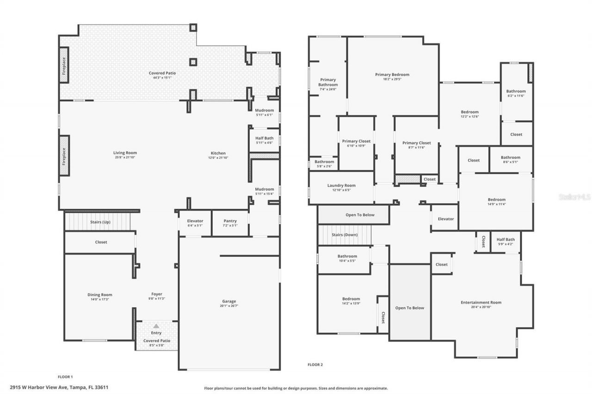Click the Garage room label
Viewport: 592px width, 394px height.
point(229,301)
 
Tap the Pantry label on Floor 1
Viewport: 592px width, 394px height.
point(230,221)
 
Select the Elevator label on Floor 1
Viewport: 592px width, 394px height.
point(195,221)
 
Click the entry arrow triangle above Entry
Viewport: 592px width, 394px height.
point(156,326)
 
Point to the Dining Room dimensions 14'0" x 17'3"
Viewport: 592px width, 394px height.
point(100,300)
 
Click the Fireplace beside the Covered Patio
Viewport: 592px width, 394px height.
point(64,71)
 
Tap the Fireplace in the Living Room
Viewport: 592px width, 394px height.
point(64,156)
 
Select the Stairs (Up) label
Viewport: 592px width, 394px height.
point(100,222)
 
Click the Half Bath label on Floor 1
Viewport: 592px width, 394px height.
point(265,138)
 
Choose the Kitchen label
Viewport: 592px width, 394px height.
point(218,153)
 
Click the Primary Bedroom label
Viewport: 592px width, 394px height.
point(392,74)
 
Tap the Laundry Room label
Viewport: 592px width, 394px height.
point(341,185)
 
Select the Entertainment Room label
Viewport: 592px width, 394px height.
point(481,303)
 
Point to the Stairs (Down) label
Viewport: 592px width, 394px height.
point(345,235)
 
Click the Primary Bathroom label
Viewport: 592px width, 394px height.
point(327,82)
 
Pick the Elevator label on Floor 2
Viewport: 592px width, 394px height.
point(445,218)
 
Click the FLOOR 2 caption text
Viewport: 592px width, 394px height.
point(315,364)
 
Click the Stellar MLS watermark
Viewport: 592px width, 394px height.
point(574,197)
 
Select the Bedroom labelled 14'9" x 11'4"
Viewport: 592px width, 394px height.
point(496,200)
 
